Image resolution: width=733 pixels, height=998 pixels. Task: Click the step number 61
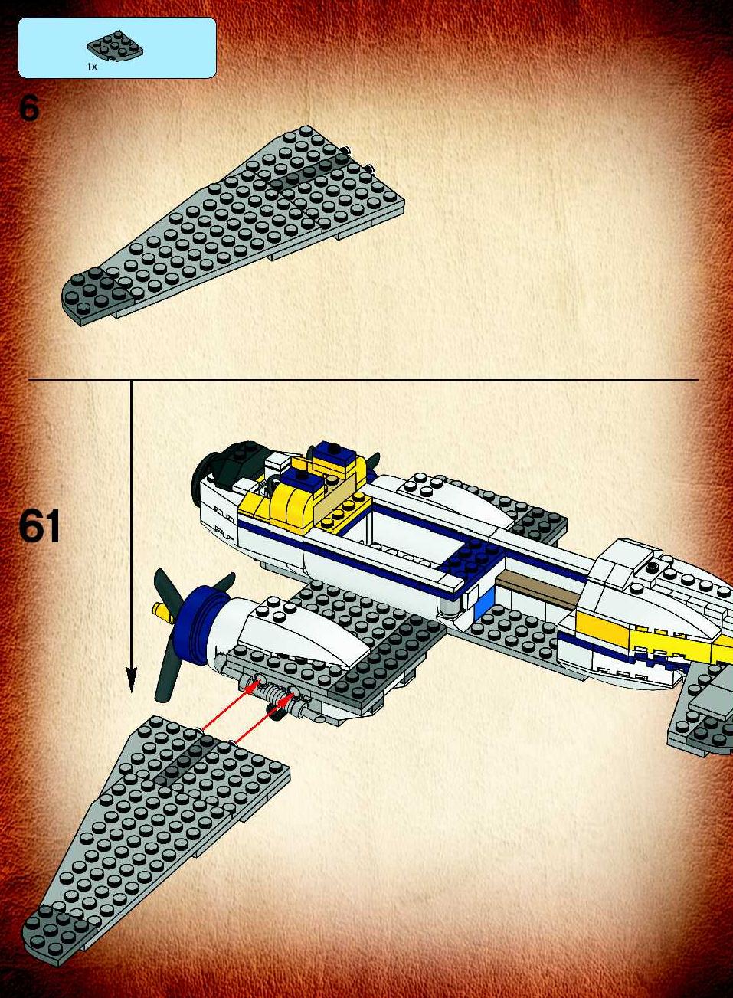point(39,526)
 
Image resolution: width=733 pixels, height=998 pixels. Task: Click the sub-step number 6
point(29,109)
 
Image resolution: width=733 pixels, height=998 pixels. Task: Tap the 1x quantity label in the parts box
point(92,67)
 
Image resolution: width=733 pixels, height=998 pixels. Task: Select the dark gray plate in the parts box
point(115,45)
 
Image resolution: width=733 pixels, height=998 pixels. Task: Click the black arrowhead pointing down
point(131,679)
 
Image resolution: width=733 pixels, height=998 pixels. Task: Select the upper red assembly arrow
point(230,704)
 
